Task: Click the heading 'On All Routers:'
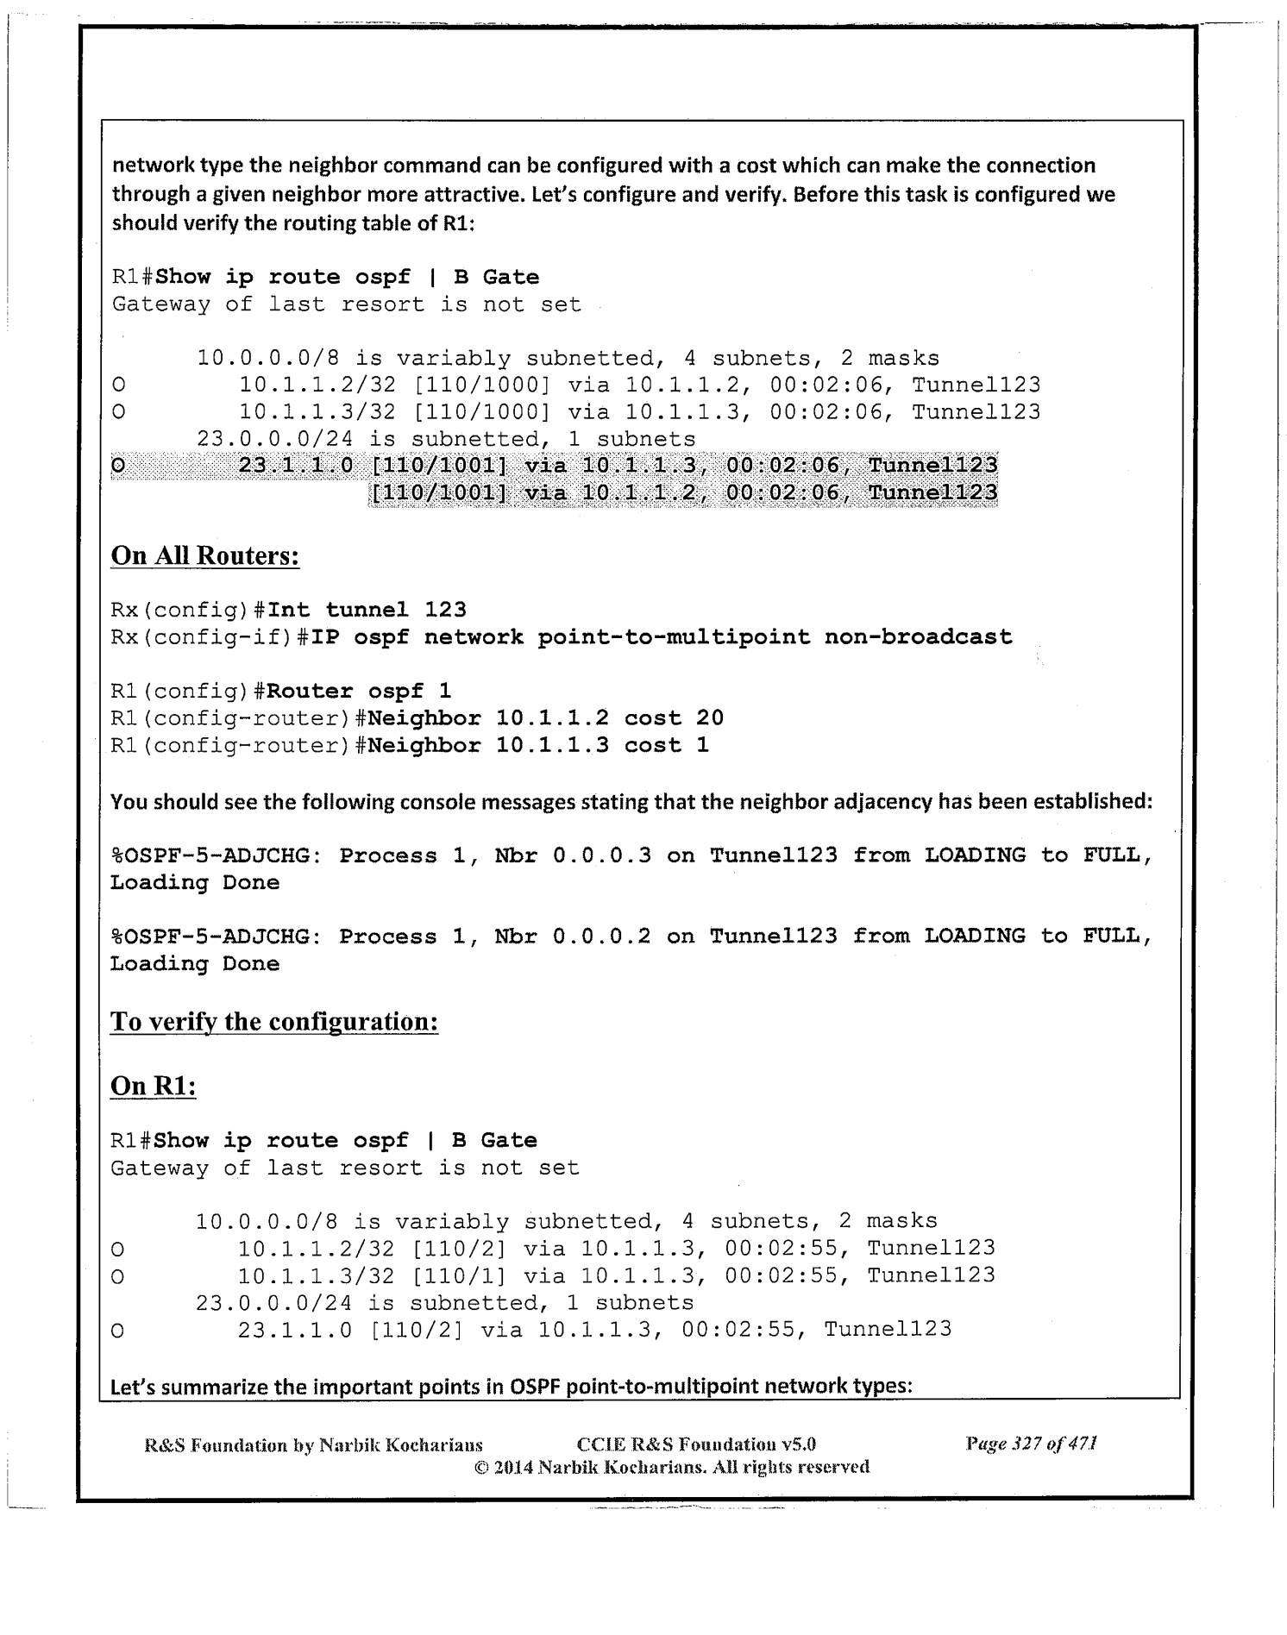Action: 205,555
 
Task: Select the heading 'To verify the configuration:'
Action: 274,1022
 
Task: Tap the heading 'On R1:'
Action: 154,1086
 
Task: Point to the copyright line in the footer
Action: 672,1467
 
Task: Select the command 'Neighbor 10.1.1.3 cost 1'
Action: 538,745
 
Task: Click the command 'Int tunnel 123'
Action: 367,611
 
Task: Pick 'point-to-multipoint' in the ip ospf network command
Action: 674,637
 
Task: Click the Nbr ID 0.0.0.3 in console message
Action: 601,855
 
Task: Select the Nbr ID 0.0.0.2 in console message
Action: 601,937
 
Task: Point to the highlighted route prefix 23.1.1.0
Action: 296,466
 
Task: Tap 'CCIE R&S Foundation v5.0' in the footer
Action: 695,1444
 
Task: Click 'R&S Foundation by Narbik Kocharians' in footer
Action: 313,1444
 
